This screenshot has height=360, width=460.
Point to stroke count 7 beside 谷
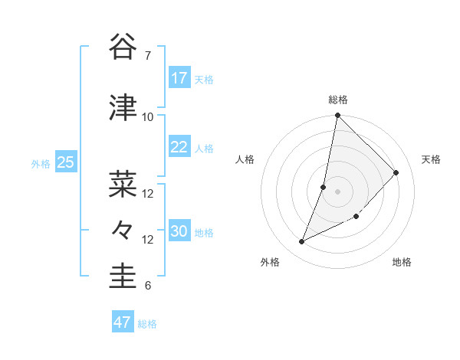pos(147,56)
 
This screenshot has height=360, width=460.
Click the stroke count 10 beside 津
pos(148,117)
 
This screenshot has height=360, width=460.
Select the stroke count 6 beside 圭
pos(147,286)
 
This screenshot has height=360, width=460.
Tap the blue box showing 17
pos(179,78)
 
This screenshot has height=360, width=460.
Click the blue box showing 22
pos(179,147)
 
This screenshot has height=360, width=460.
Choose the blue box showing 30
pos(179,231)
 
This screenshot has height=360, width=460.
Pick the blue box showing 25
pos(65,162)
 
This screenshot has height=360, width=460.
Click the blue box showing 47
pos(122,322)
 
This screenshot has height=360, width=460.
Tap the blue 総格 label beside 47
pos(147,324)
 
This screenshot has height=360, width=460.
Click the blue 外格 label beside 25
pos(41,164)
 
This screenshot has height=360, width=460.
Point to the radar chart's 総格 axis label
pos(338,100)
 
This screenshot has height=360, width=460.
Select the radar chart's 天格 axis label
pos(431,159)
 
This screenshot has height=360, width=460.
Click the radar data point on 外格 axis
pos(302,242)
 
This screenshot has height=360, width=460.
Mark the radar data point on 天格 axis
pos(396,173)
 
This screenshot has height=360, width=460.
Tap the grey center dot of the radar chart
pos(338,191)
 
